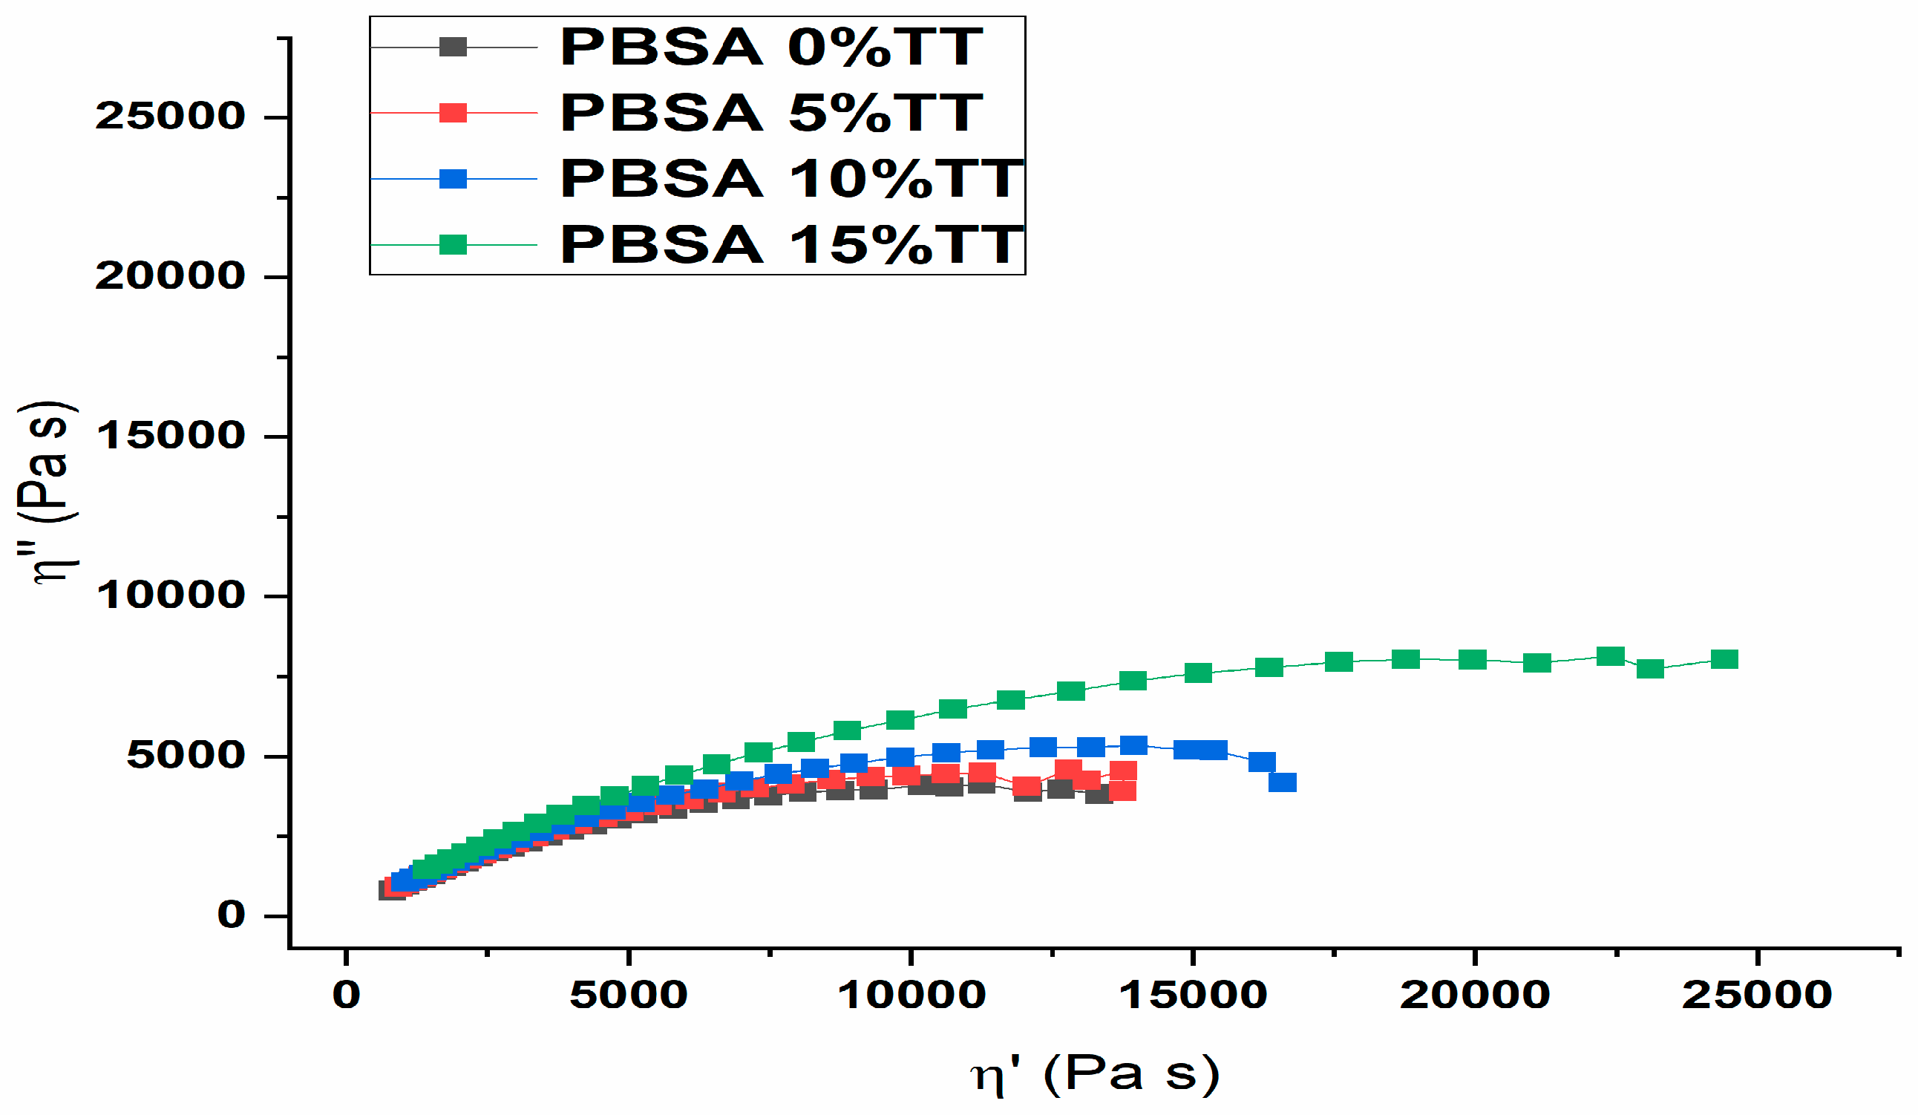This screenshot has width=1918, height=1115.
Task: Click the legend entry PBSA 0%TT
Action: [771, 48]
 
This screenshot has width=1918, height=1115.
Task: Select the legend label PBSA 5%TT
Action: [771, 114]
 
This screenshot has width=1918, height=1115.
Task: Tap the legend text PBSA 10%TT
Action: [791, 180]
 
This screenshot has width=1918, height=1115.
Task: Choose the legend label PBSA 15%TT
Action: [791, 245]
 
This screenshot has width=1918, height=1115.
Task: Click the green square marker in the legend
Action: [453, 245]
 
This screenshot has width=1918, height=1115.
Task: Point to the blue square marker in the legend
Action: [453, 180]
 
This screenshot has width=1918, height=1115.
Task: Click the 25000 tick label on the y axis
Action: [170, 117]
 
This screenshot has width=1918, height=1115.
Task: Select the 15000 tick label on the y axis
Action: [170, 436]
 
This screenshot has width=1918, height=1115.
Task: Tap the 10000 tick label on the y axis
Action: [170, 595]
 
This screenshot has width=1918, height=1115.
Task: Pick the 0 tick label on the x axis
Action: [347, 995]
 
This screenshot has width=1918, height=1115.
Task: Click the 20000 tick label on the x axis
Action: [1474, 995]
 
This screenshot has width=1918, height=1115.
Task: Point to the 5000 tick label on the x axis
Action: [629, 995]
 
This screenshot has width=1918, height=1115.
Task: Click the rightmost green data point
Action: [1724, 659]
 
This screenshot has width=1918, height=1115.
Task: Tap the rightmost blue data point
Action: [1283, 782]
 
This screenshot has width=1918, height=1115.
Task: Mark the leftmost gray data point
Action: [391, 891]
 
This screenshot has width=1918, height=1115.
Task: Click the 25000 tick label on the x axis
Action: [1757, 995]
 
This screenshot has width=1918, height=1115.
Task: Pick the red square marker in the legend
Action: [453, 114]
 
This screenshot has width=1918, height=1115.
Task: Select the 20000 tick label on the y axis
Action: [170, 276]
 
